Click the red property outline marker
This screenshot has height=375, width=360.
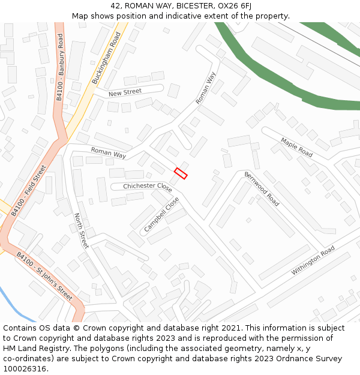click(181, 173)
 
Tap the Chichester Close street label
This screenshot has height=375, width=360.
click(148, 187)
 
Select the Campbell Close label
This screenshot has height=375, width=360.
click(162, 215)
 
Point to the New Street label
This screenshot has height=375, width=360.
click(125, 92)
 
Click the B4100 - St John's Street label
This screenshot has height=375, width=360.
click(44, 277)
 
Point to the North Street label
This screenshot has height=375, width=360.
click(81, 230)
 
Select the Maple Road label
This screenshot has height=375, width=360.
click(296, 147)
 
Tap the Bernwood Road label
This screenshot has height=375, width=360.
click(262, 188)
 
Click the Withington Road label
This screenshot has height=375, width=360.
click(313, 261)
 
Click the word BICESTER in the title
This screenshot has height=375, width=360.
click(193, 6)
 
